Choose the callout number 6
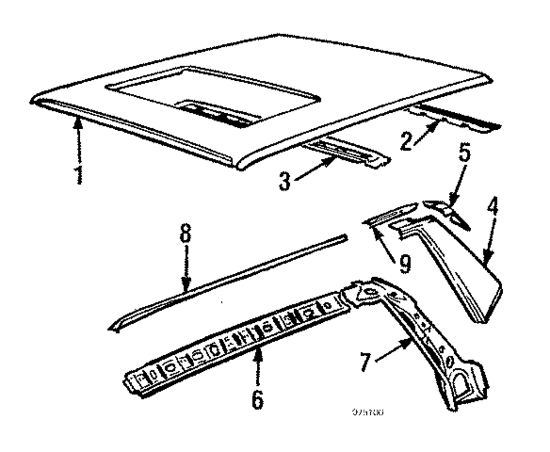tap(257, 398)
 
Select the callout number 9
tap(404, 264)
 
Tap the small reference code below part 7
tap(368, 411)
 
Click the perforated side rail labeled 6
tap(237, 344)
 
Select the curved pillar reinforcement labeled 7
tap(435, 341)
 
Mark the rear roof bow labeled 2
tap(462, 118)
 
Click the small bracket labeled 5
tap(447, 212)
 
